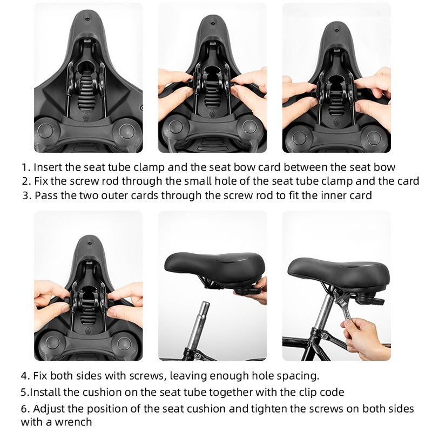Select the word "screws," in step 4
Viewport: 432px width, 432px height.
(146, 376)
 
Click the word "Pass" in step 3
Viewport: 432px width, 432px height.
(46, 195)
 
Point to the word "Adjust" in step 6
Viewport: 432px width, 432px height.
(49, 409)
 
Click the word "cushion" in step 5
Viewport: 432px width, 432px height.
(103, 392)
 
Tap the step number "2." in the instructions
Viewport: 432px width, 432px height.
(26, 181)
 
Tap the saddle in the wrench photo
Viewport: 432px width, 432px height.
(339, 271)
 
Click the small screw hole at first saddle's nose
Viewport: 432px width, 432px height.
(87, 19)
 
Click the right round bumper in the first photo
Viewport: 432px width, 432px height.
(127, 131)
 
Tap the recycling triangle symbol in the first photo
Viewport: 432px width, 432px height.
(86, 117)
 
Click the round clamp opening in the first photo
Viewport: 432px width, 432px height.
(87, 65)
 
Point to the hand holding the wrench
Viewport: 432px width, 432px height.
(363, 338)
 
